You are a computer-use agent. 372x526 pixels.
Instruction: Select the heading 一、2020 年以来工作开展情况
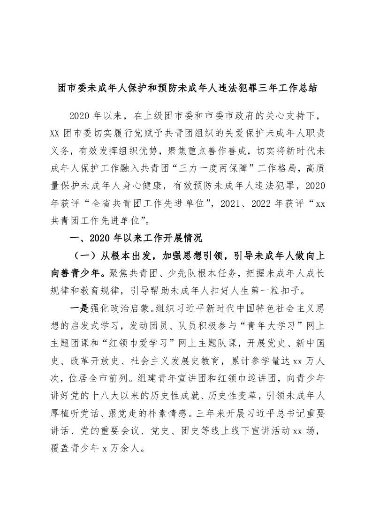tap(136, 238)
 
